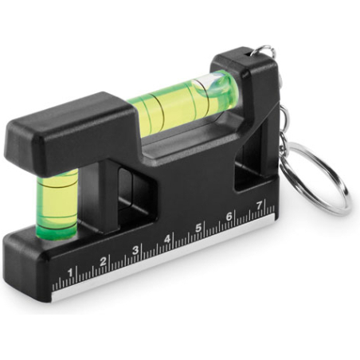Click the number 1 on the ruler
[70, 272]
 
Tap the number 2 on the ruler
[103, 261]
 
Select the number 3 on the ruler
[135, 250]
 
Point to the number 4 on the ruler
[166, 239]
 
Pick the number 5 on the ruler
[198, 228]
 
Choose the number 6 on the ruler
[229, 217]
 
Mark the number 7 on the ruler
[259, 205]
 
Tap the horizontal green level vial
[182, 102]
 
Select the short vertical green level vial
[57, 204]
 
